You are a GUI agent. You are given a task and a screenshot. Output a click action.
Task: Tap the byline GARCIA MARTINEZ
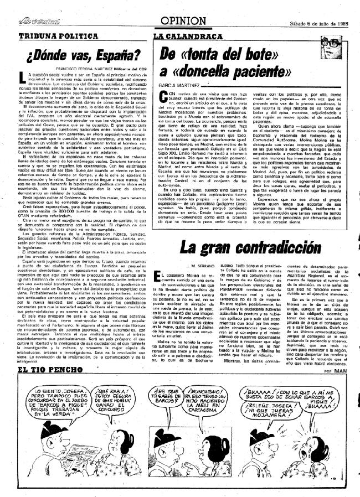tap(176, 86)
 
